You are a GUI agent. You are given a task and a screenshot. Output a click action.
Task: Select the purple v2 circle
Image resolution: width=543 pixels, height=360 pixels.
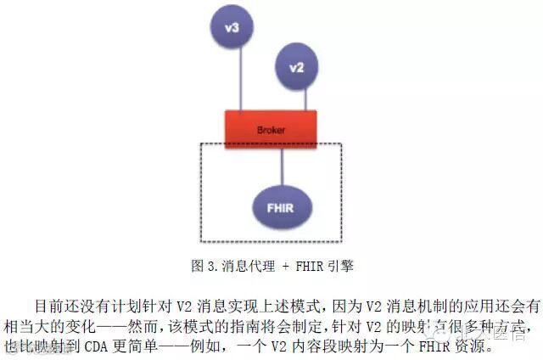pos(295,67)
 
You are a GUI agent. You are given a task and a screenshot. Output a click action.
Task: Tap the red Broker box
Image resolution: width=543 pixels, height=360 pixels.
pos(271,129)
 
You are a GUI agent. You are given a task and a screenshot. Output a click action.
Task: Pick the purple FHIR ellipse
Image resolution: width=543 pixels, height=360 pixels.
pos(283,207)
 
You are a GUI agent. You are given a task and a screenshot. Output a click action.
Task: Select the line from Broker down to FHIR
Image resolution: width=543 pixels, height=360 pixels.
pos(283,166)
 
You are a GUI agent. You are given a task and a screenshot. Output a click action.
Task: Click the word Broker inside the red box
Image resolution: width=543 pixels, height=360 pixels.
pos(271,130)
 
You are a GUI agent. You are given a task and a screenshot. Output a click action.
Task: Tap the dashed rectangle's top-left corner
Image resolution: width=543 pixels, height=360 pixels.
pos(200,144)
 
